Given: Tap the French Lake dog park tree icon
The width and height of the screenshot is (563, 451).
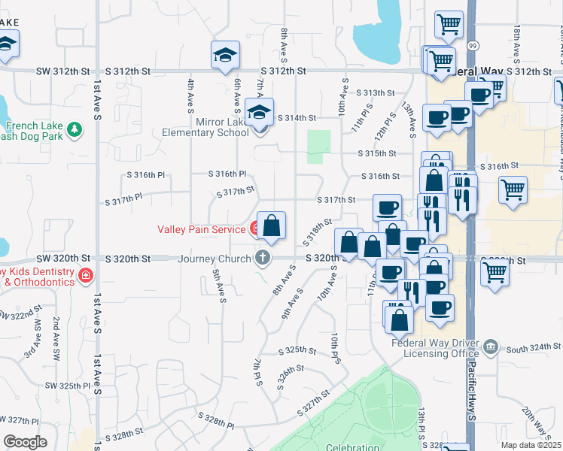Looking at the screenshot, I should pos(75,130).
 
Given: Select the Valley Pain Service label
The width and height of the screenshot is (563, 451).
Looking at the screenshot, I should pos(201,229).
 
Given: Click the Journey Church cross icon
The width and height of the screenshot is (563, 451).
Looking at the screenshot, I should pos(263,259).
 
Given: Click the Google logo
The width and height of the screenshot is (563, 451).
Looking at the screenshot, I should pos(25,442).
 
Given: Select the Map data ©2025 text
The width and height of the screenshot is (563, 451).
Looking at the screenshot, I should pos(531,445).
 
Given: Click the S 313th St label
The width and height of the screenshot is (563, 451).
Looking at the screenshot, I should pos(376,92).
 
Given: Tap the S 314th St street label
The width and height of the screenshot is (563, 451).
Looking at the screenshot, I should pos(297,118).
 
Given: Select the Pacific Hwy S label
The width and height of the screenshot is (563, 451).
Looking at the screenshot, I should pos(471,391).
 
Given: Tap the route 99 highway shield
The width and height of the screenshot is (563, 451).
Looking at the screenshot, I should pos(471,46).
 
